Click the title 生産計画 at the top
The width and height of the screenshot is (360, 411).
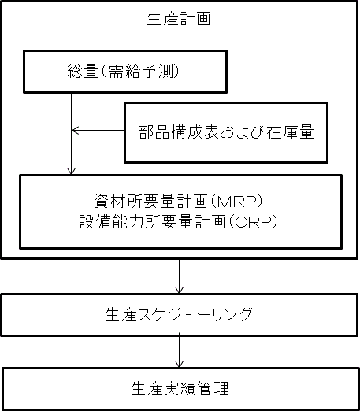[x=179, y=19]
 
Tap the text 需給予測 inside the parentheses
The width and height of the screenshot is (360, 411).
[x=139, y=72]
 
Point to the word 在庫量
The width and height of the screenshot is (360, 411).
[x=291, y=131]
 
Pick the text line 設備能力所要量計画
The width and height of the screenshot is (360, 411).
[x=152, y=222]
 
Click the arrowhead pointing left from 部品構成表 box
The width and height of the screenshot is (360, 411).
[x=75, y=130]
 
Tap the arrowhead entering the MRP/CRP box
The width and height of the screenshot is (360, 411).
[x=72, y=171]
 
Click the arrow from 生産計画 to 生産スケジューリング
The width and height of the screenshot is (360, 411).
[x=180, y=276]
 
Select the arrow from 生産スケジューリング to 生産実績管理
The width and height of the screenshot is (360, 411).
[x=180, y=350]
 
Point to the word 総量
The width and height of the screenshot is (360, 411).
[x=83, y=72]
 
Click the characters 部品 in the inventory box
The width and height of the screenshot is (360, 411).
[x=154, y=131]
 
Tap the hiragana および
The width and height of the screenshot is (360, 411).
[x=243, y=131]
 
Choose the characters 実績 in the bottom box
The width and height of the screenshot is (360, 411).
[x=180, y=388]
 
